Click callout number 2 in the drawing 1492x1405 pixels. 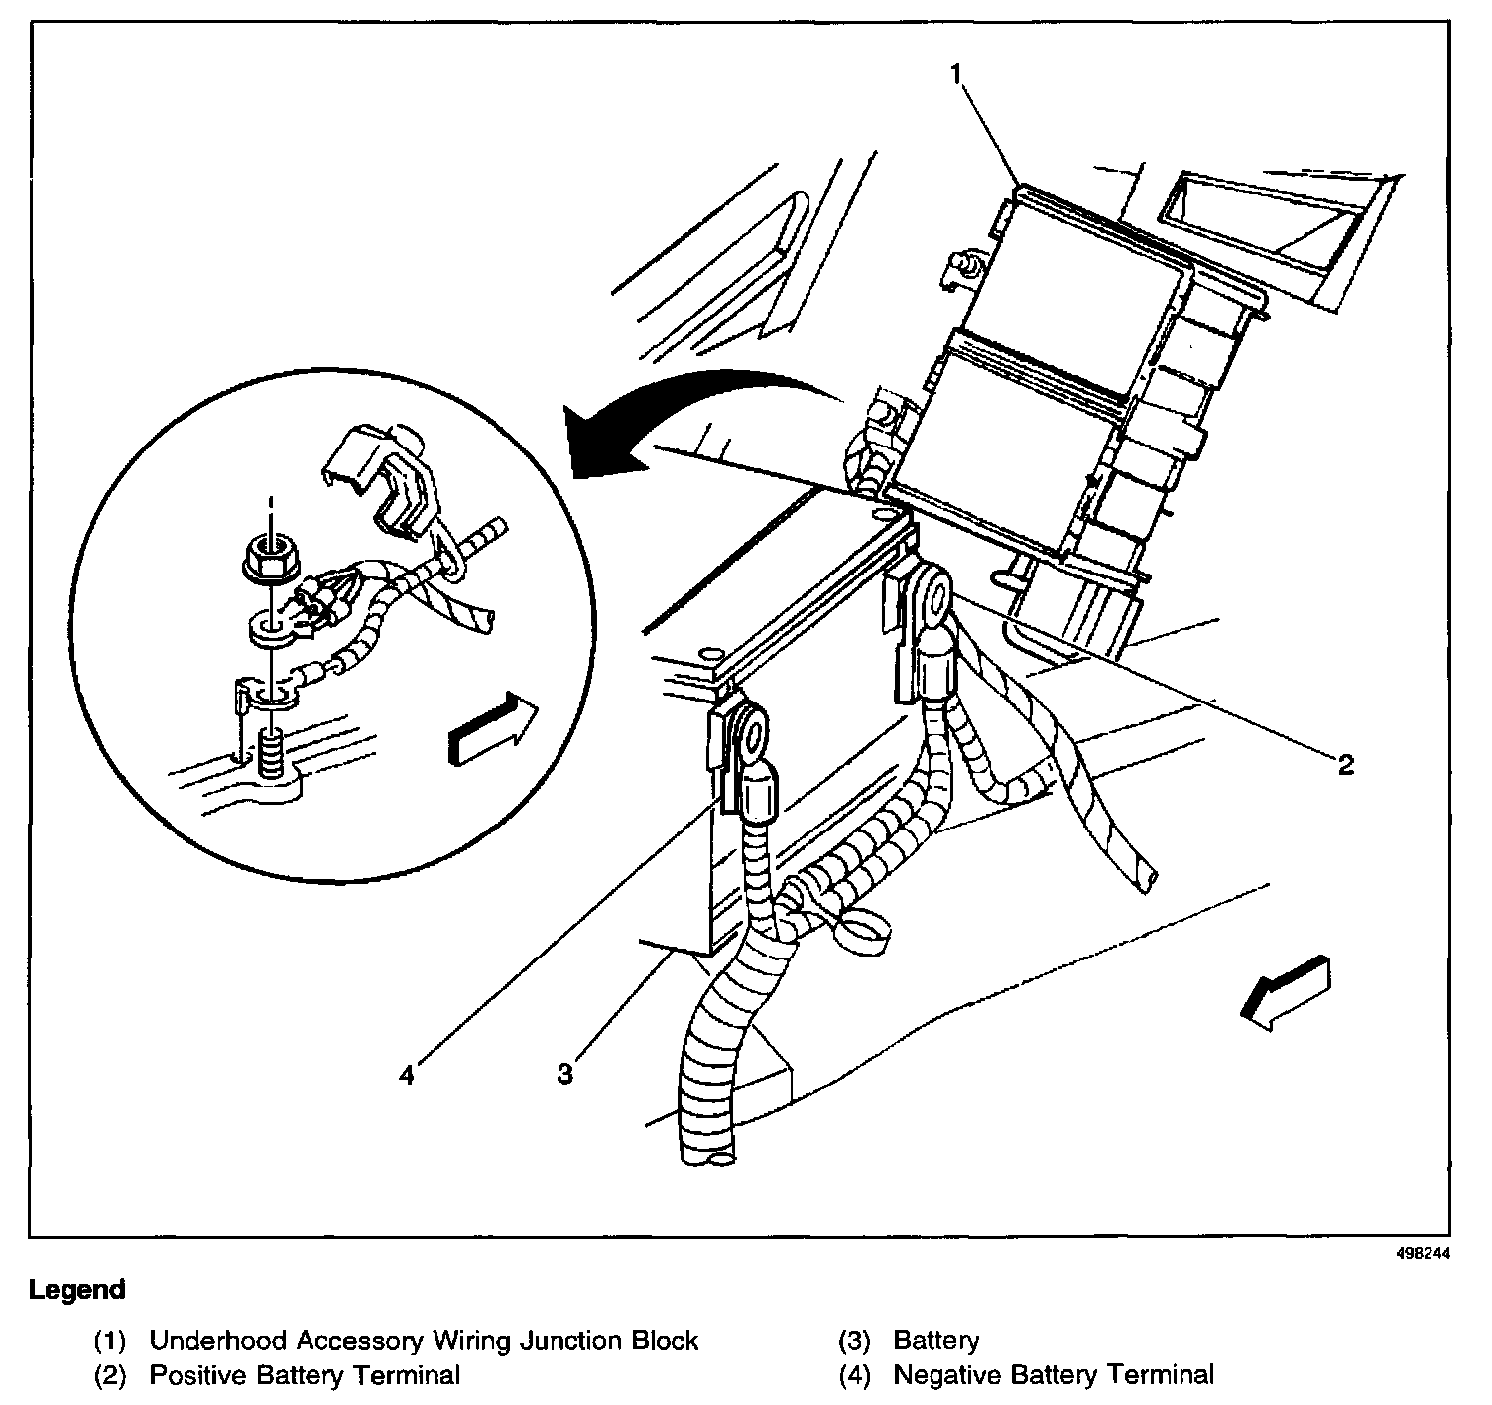point(1344,764)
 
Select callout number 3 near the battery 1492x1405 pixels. point(564,1074)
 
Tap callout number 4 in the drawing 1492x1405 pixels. point(406,1074)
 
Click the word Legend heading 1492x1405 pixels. point(77,1290)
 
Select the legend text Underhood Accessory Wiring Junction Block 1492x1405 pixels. point(424,1341)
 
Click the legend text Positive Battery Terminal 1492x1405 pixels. point(305,1375)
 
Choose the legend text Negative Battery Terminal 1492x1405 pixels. point(1054,1375)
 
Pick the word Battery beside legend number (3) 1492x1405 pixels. point(935,1341)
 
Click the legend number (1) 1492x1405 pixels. point(110,1341)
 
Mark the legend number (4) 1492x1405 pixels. point(854,1375)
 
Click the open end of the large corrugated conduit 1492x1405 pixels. point(708,1151)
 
